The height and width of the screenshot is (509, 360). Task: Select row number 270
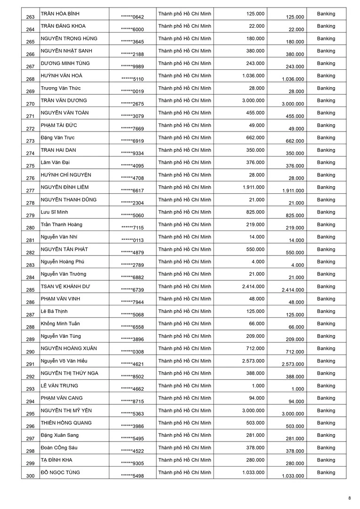[x=31, y=104]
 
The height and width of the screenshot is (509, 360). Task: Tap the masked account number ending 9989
[x=132, y=66]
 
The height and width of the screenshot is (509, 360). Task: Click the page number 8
[x=350, y=498]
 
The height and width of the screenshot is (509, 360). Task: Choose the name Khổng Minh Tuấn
[x=60, y=324]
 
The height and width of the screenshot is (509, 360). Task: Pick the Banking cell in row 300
[x=326, y=472]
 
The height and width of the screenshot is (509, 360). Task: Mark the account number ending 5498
[x=132, y=476]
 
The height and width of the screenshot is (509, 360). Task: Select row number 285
[x=31, y=290]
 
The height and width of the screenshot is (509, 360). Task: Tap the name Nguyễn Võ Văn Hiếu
[x=64, y=361]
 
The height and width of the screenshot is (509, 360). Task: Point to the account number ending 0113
[x=132, y=240]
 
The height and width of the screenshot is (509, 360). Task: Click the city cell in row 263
[x=185, y=14]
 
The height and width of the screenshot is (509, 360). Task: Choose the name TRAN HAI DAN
[x=58, y=150]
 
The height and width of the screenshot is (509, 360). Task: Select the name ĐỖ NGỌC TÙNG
[x=60, y=472]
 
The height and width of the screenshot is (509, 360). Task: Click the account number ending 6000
[x=132, y=29]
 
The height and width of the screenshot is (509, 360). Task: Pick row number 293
[x=31, y=389]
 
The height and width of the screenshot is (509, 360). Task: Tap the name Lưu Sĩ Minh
[x=54, y=212]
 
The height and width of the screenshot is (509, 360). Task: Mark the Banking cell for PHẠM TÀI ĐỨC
[x=326, y=125]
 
